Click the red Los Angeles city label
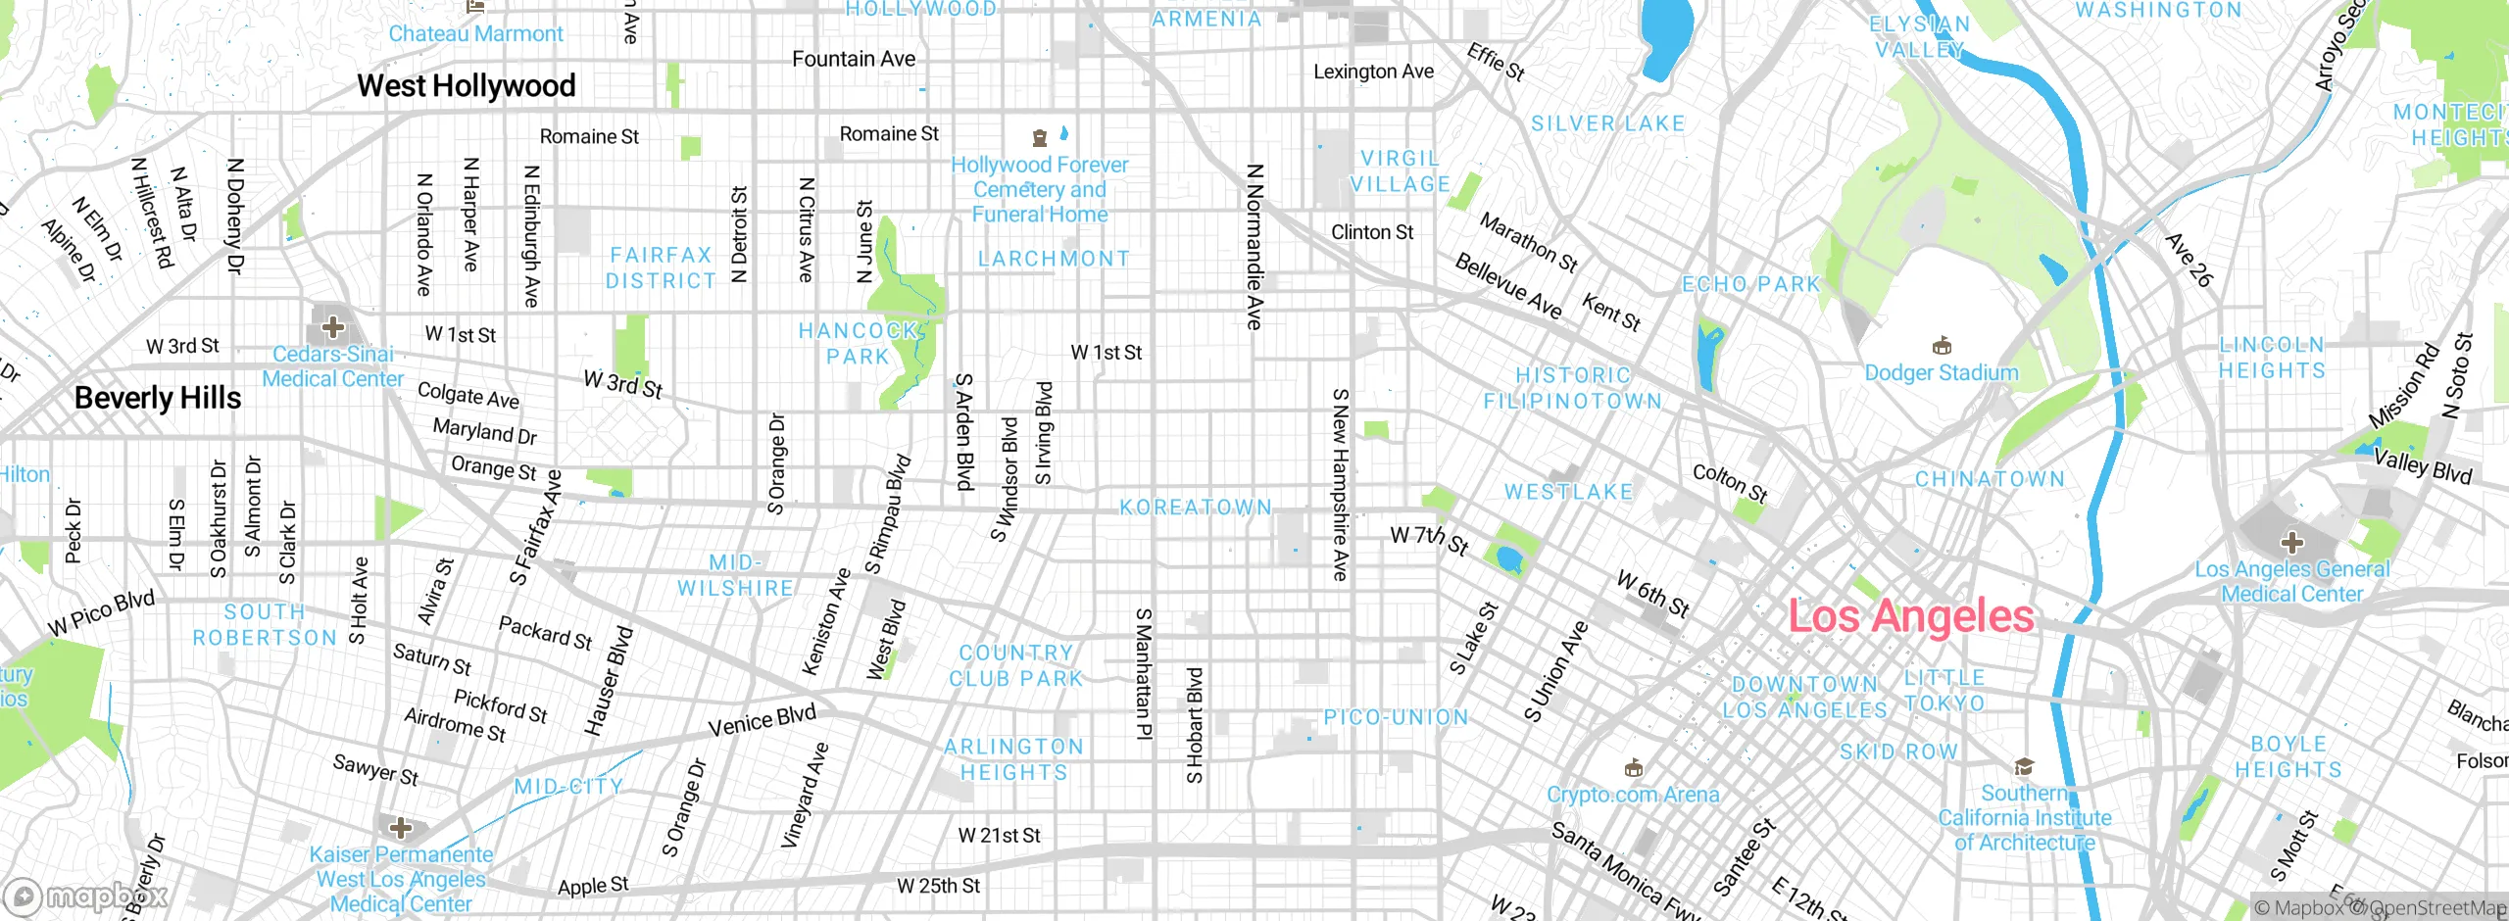[x=1910, y=616]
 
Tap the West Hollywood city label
[x=466, y=86]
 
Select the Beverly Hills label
[x=158, y=398]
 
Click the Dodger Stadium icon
[x=1942, y=346]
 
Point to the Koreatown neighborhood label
[x=1196, y=508]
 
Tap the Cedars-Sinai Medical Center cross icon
[x=333, y=326]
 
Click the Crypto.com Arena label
[x=1633, y=795]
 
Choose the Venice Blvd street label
[x=762, y=721]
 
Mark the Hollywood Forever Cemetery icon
[x=1040, y=138]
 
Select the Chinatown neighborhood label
[x=1990, y=479]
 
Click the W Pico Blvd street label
[x=101, y=613]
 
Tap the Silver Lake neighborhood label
[x=1608, y=123]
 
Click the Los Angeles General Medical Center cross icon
[x=2291, y=543]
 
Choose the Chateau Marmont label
[x=476, y=34]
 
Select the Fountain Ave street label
[x=854, y=60]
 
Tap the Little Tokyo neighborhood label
[x=1944, y=691]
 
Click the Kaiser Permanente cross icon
[x=401, y=828]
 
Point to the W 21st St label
[x=999, y=836]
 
